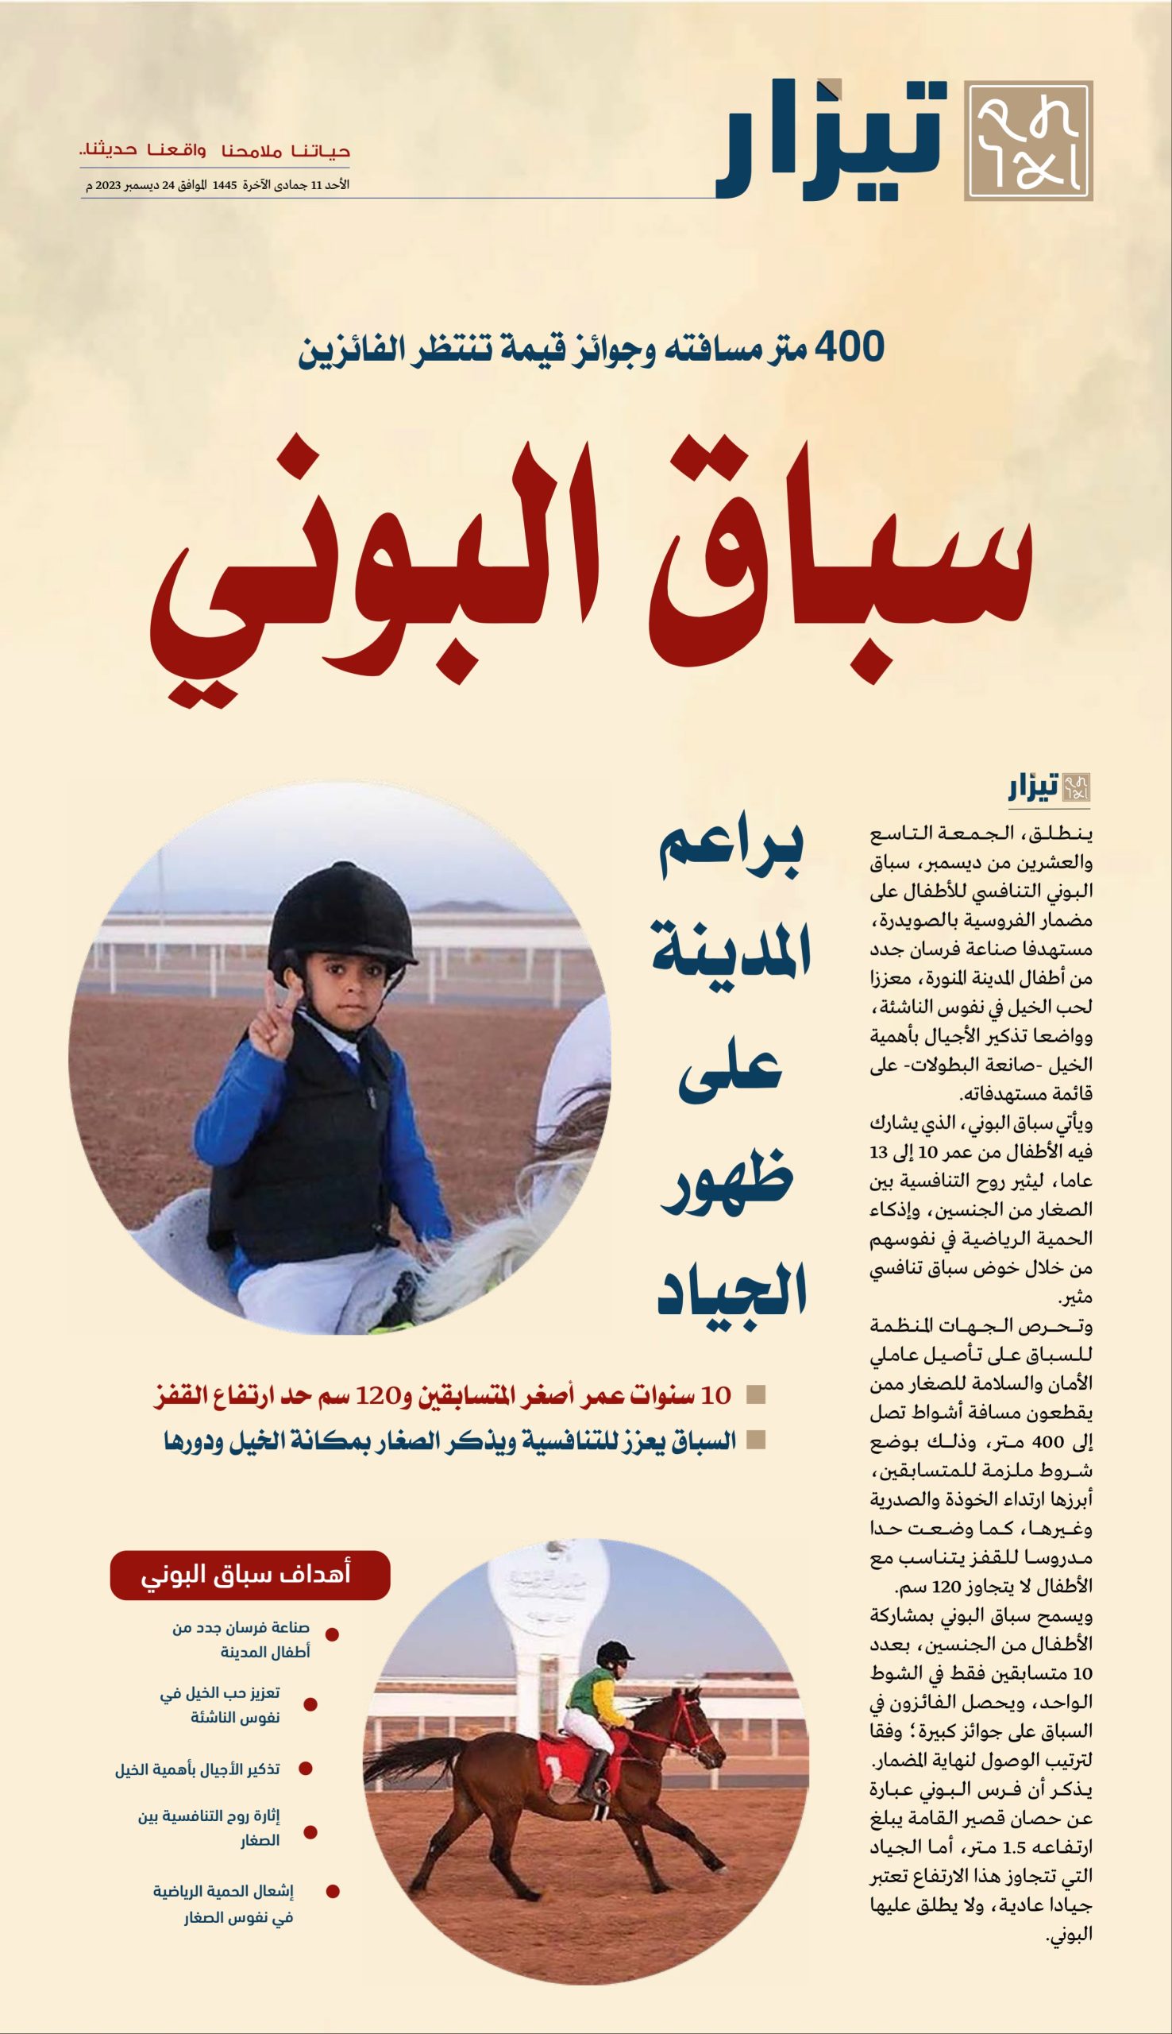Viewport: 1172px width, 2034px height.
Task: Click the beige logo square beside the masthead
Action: pos(1028,140)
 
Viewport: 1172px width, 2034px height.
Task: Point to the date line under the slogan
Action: pos(218,185)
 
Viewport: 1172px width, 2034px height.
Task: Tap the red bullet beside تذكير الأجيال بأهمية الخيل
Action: pos(305,1769)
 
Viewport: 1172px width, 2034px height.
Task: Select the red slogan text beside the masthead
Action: pos(216,151)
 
